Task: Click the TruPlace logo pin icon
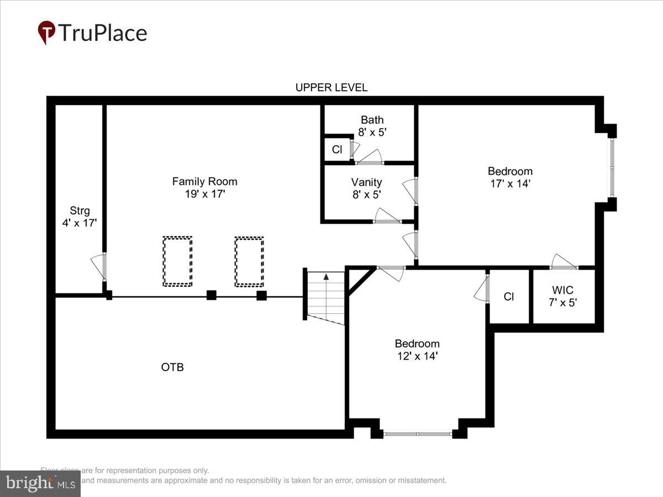point(46,32)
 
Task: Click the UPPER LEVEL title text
point(331,87)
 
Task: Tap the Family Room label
point(204,187)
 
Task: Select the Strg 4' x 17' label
point(80,216)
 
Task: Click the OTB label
point(172,367)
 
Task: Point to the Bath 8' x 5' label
point(372,126)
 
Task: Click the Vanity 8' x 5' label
point(366,188)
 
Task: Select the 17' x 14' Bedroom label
point(509,177)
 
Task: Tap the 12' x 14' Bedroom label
point(417,350)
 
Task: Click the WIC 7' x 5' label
point(562,296)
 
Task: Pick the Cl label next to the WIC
point(509,297)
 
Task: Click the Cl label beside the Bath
point(336,150)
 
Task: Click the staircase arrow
point(327,277)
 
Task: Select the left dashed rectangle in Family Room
point(177,261)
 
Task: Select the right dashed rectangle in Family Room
point(249,261)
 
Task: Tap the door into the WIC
point(564,263)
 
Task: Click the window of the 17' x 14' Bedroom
point(612,167)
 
